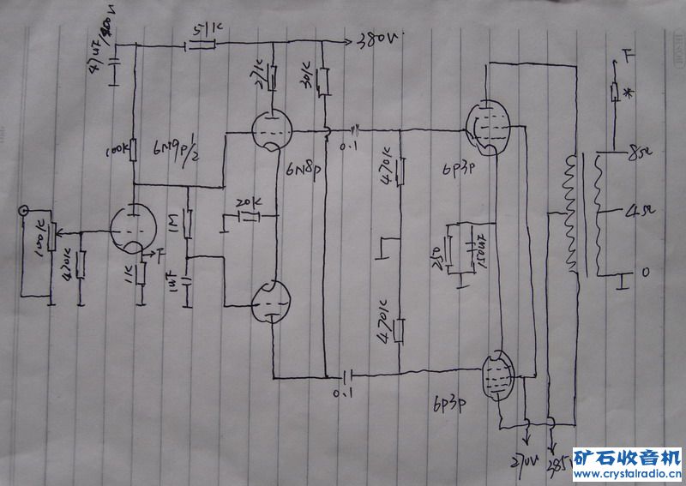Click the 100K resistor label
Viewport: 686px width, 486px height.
pos(119,152)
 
